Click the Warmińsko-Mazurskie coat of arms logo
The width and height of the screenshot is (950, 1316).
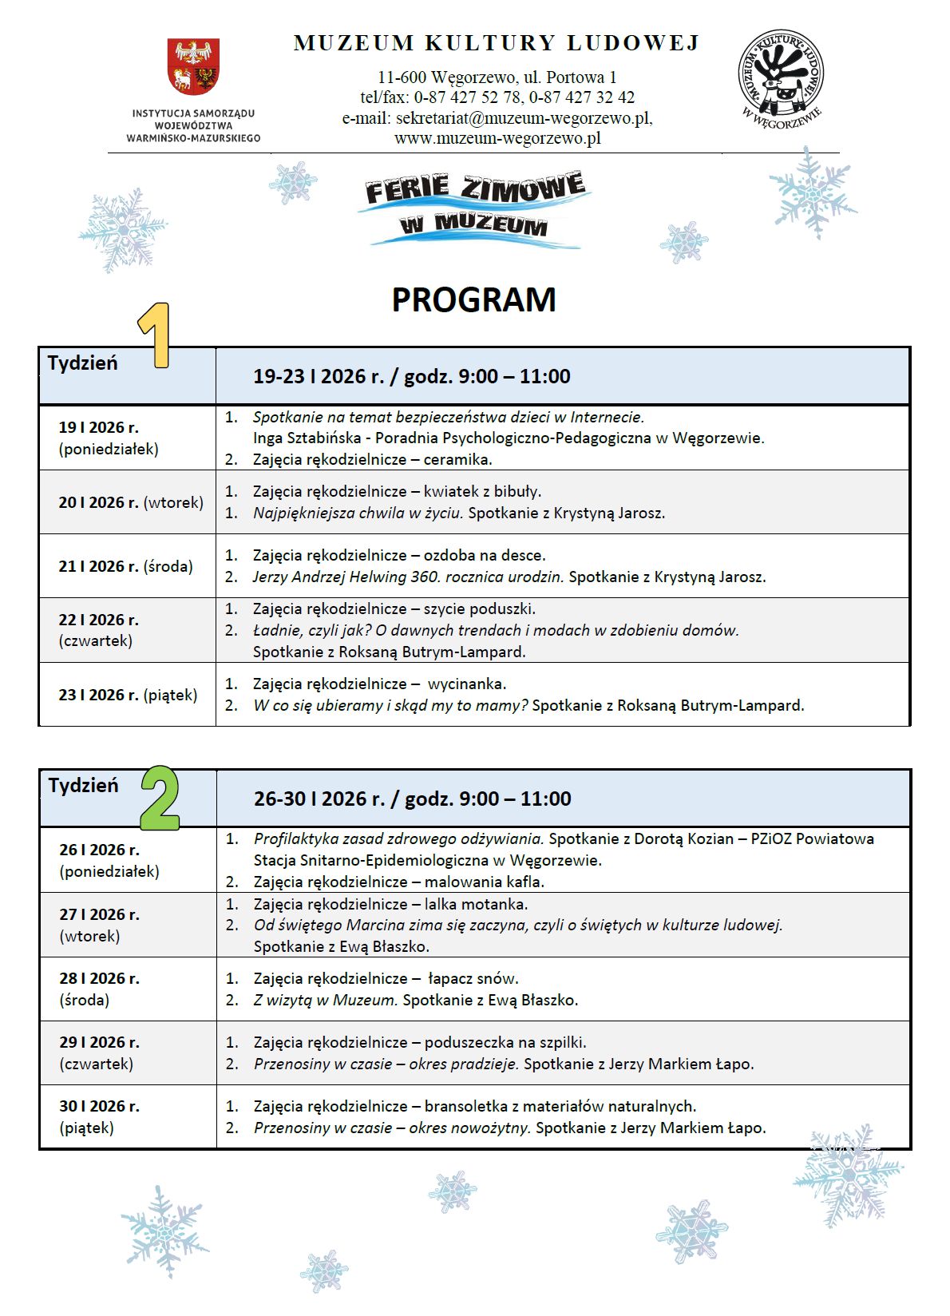[193, 67]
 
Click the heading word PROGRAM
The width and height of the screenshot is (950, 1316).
[473, 300]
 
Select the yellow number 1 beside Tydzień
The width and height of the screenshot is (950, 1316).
[156, 335]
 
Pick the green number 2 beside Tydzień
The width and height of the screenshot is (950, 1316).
[160, 799]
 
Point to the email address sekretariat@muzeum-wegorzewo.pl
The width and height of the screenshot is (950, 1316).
[523, 118]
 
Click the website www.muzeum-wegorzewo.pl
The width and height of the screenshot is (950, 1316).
[497, 138]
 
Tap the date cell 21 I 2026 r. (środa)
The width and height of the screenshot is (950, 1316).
[126, 566]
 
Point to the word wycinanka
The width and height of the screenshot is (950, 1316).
[467, 684]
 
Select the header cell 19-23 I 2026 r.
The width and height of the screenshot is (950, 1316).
[411, 376]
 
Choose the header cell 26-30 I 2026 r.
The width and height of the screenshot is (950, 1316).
[412, 799]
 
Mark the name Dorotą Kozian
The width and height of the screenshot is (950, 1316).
[673, 838]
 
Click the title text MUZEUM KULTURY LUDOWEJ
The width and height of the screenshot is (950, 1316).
[497, 43]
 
